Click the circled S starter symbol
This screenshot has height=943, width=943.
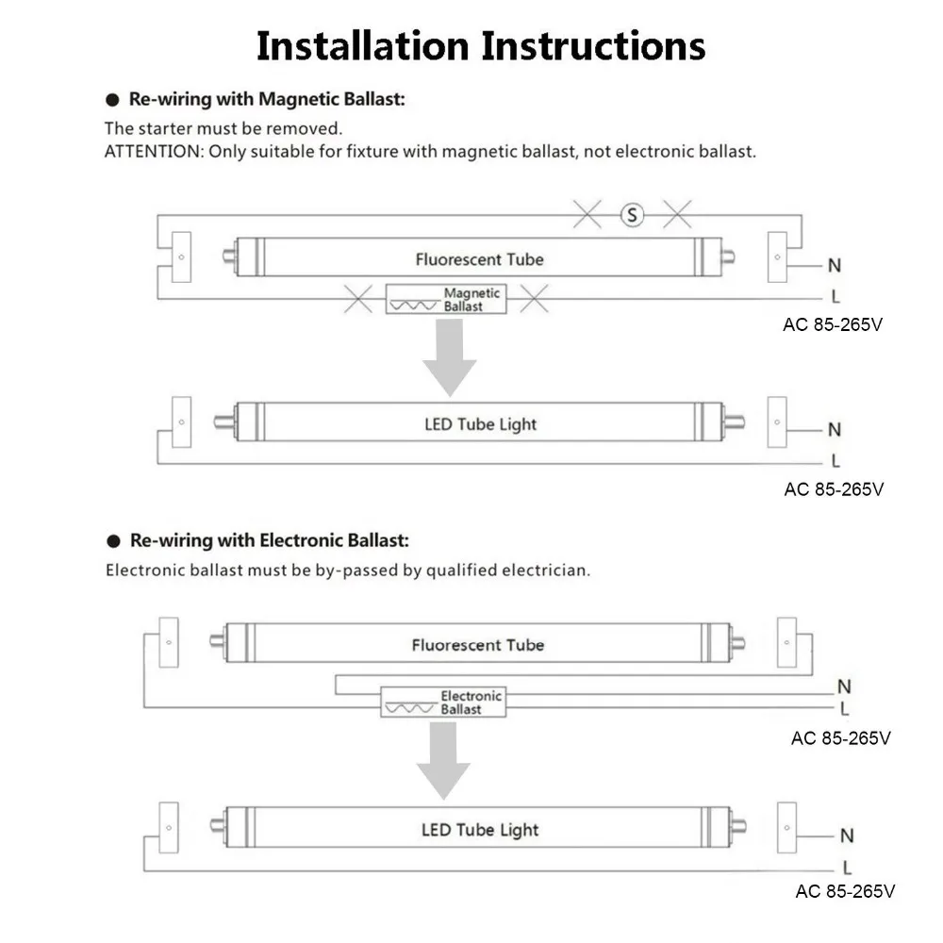pos(632,215)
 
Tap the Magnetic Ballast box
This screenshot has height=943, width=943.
pos(446,299)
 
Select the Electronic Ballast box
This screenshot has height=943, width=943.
pos(443,702)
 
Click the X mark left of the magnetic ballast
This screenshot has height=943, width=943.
pos(357,299)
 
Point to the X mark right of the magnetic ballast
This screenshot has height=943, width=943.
pos(534,299)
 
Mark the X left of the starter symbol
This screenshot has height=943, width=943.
pos(587,215)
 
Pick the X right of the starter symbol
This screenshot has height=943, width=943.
pos(677,215)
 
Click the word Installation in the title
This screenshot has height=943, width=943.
pos(363,45)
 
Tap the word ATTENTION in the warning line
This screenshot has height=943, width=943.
pos(155,152)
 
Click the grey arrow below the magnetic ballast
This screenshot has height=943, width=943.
pos(449,357)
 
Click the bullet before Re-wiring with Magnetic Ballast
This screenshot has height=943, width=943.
pos(112,100)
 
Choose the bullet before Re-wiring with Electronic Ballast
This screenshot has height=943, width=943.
pos(113,541)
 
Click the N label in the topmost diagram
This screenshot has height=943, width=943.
pos(835,265)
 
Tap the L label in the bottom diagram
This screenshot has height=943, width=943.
pos(847,868)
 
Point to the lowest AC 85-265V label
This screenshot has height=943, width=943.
pos(845,891)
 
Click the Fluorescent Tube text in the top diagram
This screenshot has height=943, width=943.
pos(479,259)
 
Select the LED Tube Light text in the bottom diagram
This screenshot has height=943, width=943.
pos(480,830)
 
